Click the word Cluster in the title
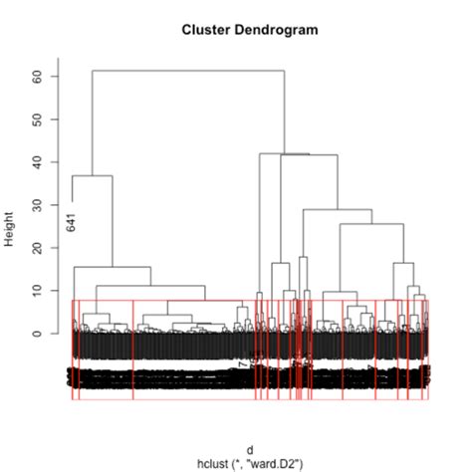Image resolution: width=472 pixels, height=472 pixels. [204, 30]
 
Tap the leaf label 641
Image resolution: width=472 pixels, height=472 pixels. [72, 222]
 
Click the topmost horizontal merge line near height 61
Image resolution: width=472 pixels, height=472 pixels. [189, 71]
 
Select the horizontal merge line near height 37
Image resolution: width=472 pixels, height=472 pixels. [92, 176]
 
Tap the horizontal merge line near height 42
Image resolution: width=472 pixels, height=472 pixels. [284, 153]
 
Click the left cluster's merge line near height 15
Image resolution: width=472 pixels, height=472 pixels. [112, 267]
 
